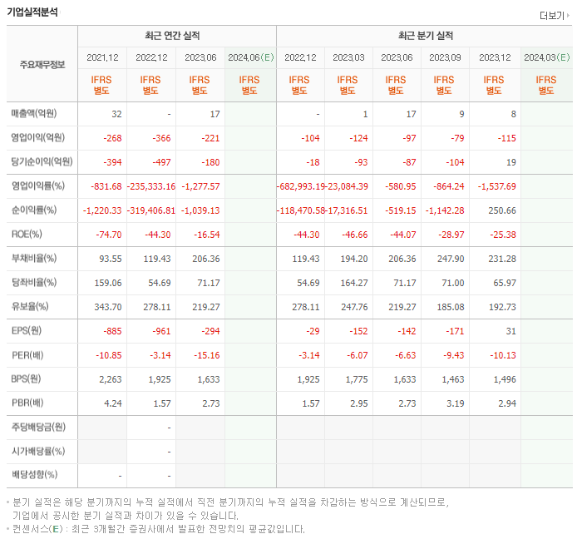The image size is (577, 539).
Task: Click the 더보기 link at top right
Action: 555,15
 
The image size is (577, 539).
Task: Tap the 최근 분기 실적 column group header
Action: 426,36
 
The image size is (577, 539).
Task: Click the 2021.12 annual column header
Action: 102,57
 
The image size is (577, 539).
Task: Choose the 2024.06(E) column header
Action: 250,57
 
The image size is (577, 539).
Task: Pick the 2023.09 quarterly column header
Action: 446,57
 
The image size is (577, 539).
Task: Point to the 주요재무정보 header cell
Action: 42,64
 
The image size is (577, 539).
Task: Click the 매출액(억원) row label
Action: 39,114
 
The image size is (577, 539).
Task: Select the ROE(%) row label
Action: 29,235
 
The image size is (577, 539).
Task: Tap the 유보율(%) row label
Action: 32,307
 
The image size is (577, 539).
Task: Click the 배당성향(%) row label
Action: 35,475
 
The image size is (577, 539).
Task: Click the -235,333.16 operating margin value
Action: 151,186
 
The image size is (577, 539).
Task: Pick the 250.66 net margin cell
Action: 498,210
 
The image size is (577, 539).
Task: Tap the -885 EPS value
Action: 109,331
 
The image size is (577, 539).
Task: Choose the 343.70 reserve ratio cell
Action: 106,307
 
